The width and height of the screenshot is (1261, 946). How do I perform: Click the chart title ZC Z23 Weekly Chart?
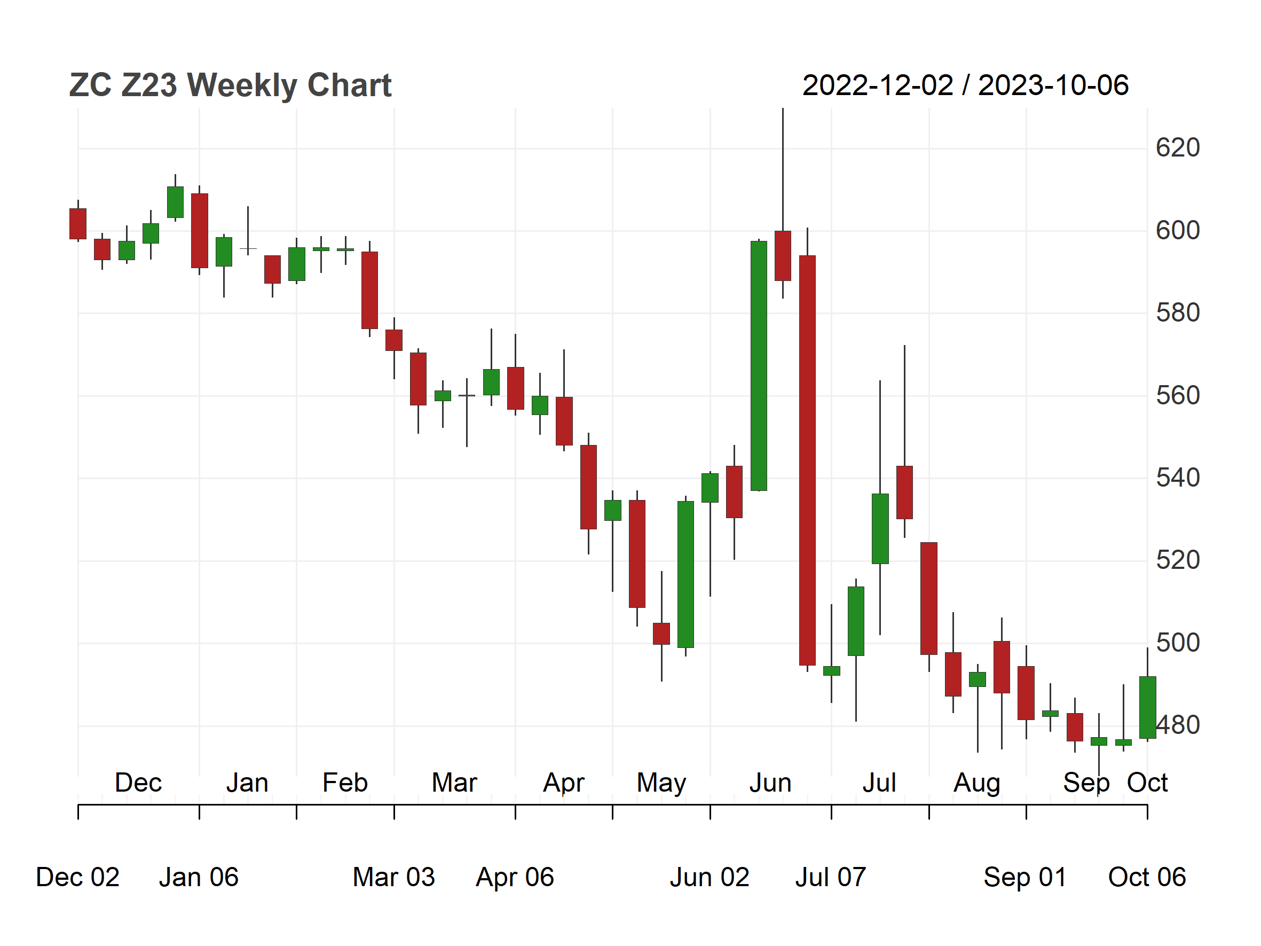pyautogui.click(x=230, y=85)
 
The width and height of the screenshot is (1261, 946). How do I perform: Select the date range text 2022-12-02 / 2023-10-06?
pyautogui.click(x=965, y=85)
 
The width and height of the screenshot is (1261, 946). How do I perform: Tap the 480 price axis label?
pyautogui.click(x=1178, y=725)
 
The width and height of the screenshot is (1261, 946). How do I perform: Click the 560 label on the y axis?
pyautogui.click(x=1178, y=395)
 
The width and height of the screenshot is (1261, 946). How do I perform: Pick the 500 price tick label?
pyautogui.click(x=1178, y=643)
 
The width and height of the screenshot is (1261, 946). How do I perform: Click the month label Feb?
pyautogui.click(x=345, y=783)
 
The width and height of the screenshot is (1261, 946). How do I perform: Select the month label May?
pyautogui.click(x=661, y=783)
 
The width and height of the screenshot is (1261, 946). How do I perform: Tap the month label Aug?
pyautogui.click(x=977, y=783)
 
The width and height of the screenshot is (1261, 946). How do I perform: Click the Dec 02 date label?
pyautogui.click(x=77, y=877)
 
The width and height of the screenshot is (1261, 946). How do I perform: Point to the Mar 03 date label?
pyautogui.click(x=394, y=877)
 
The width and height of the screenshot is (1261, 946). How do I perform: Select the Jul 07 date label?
pyautogui.click(x=831, y=877)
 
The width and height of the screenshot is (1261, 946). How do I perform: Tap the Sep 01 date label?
pyautogui.click(x=1025, y=877)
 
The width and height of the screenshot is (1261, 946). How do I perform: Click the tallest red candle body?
pyautogui.click(x=807, y=460)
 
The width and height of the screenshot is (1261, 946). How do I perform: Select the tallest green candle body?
pyautogui.click(x=759, y=365)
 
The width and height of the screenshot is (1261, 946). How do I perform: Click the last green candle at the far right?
pyautogui.click(x=1148, y=708)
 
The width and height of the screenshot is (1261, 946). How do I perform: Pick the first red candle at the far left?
pyautogui.click(x=78, y=223)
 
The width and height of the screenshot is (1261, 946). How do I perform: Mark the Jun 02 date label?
pyautogui.click(x=710, y=877)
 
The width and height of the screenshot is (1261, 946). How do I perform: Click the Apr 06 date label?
pyautogui.click(x=515, y=877)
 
